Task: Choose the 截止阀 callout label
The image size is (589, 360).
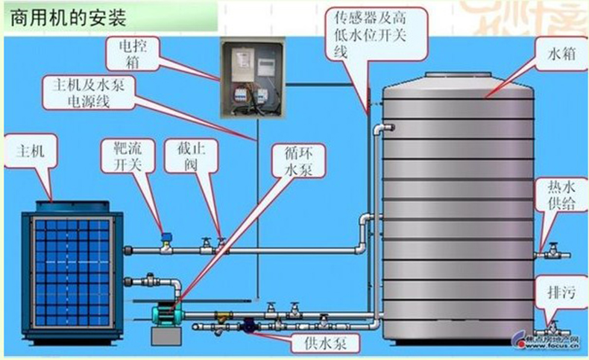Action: (x=183, y=157)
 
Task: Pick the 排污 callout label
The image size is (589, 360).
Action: (x=558, y=295)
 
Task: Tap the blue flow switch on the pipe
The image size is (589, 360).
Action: (x=166, y=238)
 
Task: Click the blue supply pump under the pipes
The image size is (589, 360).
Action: (x=248, y=324)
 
